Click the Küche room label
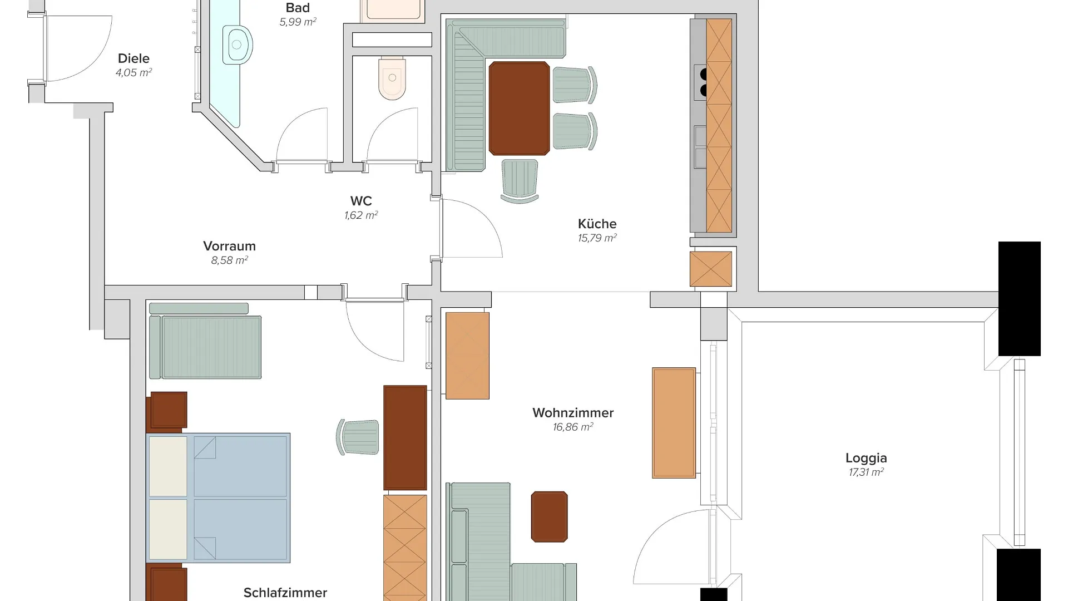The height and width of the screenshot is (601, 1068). click(597, 224)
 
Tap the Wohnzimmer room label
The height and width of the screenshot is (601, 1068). click(573, 413)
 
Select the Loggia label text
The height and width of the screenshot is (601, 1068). click(866, 459)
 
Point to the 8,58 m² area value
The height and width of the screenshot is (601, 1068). click(229, 260)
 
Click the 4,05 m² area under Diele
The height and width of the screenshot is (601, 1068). click(133, 73)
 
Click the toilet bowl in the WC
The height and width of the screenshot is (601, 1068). click(392, 78)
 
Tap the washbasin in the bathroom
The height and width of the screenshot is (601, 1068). click(238, 45)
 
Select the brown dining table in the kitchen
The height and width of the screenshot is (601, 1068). click(519, 109)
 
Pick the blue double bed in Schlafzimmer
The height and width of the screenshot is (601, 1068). click(218, 498)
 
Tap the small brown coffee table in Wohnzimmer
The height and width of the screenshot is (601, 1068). click(549, 516)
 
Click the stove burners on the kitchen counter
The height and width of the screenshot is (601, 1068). click(703, 82)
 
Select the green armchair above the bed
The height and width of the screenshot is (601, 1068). click(205, 347)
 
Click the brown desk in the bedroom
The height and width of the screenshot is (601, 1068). click(405, 438)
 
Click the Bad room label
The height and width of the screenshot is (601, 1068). click(298, 8)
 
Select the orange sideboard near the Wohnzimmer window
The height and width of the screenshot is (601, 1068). click(674, 423)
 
